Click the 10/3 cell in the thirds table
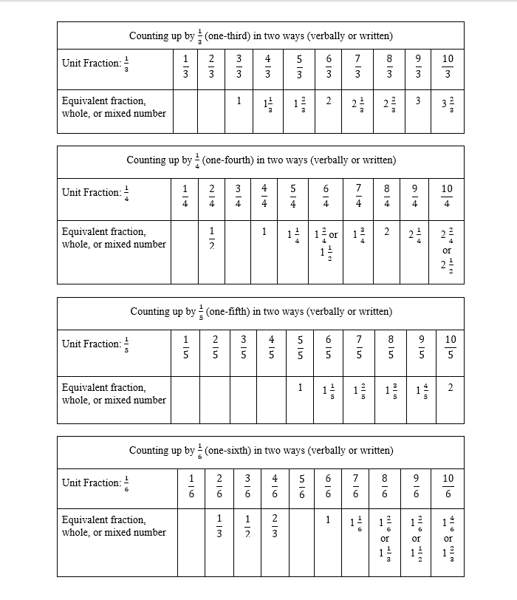click(448, 66)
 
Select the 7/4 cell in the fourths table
click(358, 196)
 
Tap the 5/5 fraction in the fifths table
click(300, 347)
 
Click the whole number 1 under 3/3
click(239, 101)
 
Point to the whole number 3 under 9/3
click(417, 101)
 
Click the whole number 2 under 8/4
click(386, 231)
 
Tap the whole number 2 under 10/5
click(450, 388)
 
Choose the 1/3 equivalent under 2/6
click(219, 526)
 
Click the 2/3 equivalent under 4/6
click(274, 526)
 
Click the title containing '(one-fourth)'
click(261, 160)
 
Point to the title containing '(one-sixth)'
click(261, 450)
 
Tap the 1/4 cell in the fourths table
click(185, 196)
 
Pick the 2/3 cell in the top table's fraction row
click(211, 66)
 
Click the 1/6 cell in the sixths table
click(191, 485)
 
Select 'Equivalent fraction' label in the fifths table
click(104, 387)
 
